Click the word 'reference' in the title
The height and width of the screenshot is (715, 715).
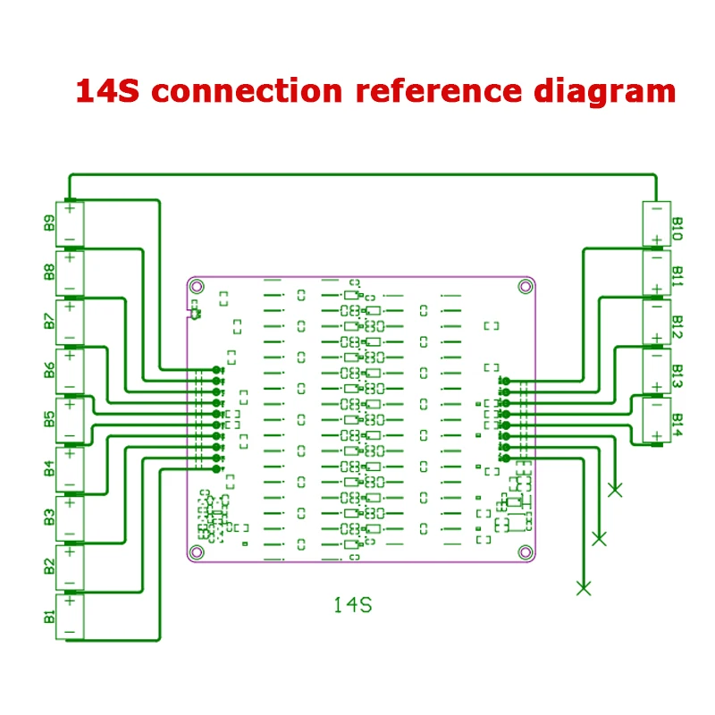coord(438,91)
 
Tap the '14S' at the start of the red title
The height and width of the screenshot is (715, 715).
coord(107,91)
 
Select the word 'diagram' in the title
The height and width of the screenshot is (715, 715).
coord(605,92)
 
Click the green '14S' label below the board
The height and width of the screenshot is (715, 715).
coord(353,605)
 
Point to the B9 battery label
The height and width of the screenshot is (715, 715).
coord(49,223)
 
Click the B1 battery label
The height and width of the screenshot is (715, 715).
coord(49,617)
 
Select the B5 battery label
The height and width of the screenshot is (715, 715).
coord(49,419)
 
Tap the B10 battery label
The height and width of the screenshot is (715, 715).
coord(677,229)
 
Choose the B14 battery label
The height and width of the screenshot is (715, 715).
coord(677,425)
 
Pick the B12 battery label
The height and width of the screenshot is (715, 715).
coord(677,326)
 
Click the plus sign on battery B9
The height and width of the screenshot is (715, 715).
coord(70,209)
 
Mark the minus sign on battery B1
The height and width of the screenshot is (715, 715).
coord(70,632)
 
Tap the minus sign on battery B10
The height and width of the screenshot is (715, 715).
coord(657,209)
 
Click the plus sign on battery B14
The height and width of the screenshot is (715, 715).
coord(657,436)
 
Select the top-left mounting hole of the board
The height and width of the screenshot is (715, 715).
coord(197,287)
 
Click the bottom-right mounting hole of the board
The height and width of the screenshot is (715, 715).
coord(526,552)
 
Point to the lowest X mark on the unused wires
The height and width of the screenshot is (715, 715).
coord(584,588)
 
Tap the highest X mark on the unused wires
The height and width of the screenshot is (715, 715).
coord(615,490)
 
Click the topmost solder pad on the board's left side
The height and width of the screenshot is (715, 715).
coord(217,369)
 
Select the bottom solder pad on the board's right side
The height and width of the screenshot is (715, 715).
coord(506,458)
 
